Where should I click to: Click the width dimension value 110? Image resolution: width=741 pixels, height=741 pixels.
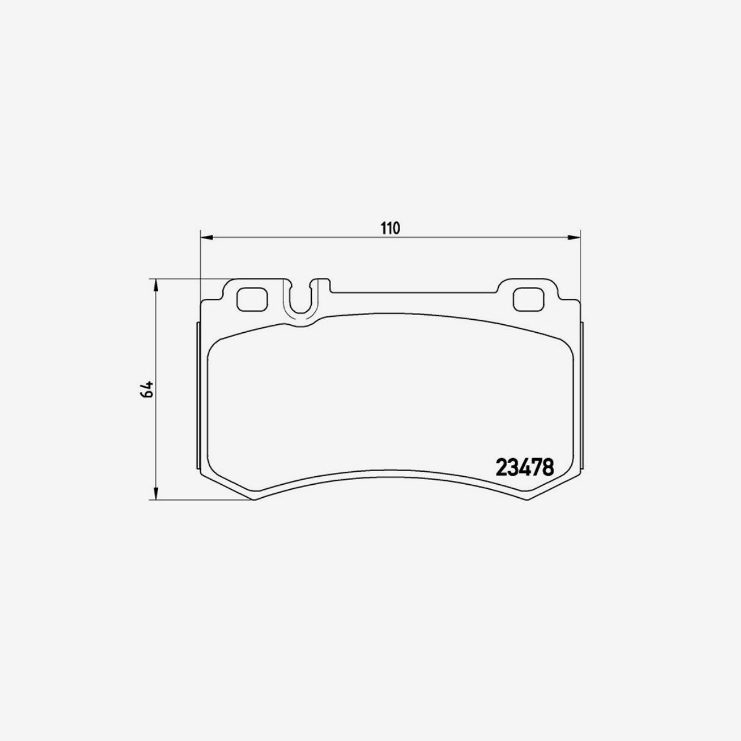[x=390, y=228]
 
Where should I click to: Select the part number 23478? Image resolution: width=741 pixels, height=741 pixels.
[x=524, y=466]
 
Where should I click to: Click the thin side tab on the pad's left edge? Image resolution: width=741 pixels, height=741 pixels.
[x=198, y=395]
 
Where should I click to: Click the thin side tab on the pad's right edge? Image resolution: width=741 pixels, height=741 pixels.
[x=583, y=395]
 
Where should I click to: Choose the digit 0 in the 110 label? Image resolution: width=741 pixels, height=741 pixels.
[x=397, y=228]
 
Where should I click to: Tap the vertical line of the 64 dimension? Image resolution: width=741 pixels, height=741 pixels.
[x=157, y=432]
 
